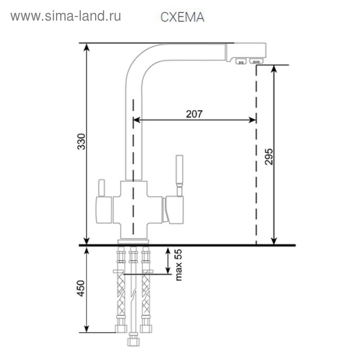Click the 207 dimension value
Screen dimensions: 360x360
point(194,114)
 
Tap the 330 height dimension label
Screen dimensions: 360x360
point(81,141)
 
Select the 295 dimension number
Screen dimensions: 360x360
point(269,156)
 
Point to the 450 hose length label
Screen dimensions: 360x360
point(81,288)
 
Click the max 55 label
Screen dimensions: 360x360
point(178,265)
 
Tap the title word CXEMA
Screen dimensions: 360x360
point(182,17)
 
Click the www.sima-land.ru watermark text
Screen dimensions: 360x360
point(66,16)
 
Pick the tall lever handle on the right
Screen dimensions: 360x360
point(179,176)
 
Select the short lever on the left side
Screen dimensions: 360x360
point(101,188)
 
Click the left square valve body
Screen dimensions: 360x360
point(104,210)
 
